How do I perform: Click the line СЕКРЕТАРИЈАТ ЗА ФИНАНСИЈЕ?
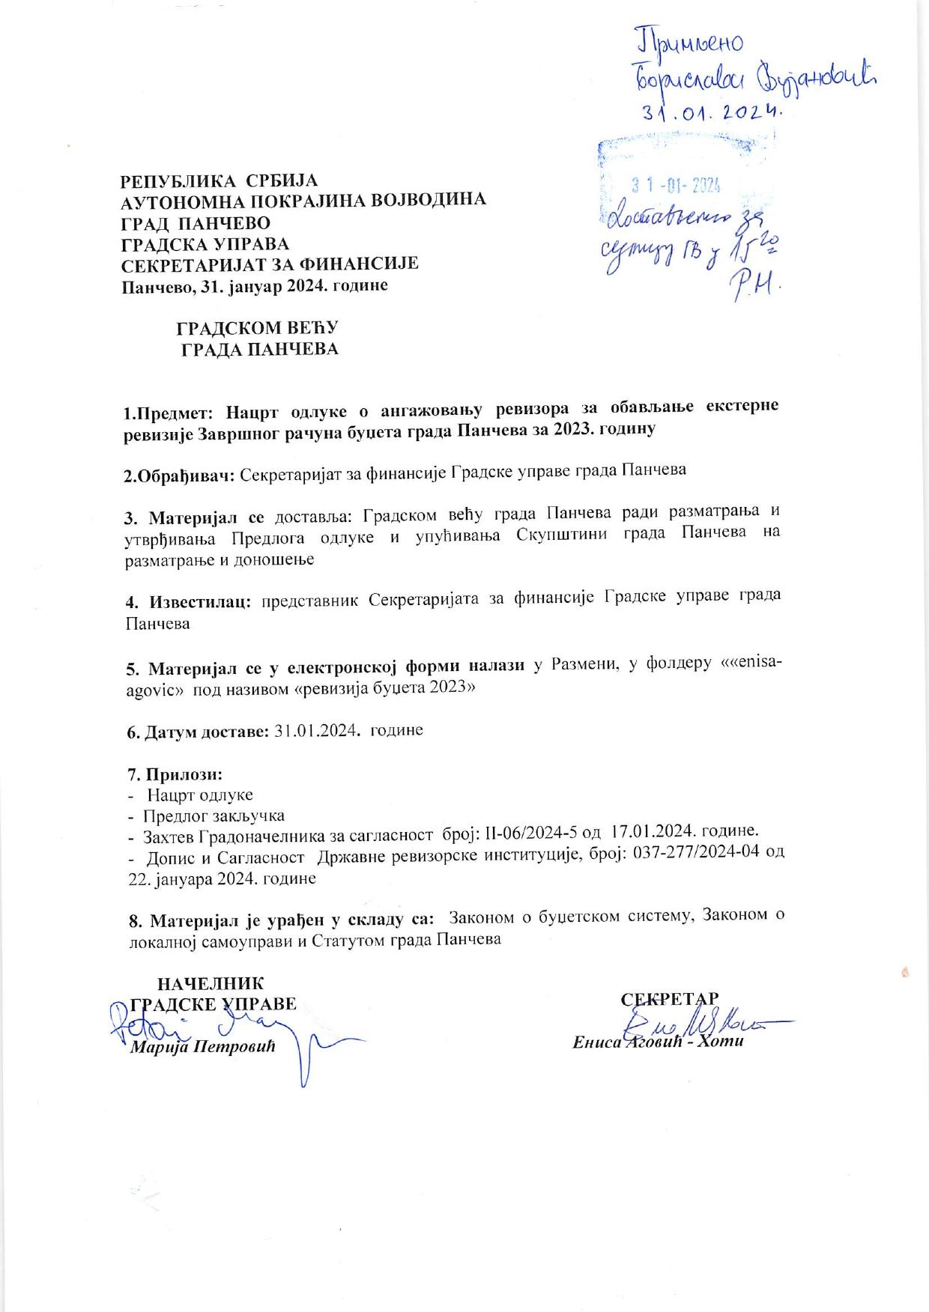point(270,264)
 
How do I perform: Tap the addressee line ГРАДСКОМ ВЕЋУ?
point(258,328)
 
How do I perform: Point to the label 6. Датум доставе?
point(197,731)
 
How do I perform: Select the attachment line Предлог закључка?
point(214,816)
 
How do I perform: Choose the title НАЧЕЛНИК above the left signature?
point(209,983)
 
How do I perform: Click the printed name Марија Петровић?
point(203,1046)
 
